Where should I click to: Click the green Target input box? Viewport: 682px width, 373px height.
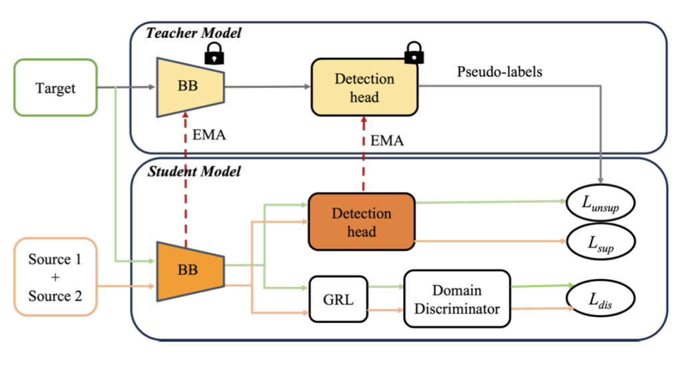point(56,88)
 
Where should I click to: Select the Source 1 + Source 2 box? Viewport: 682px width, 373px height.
point(55,276)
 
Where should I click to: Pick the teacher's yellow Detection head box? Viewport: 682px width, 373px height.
point(364,88)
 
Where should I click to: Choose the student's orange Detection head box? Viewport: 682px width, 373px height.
point(361,222)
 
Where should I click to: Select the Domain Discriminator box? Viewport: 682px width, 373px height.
point(457,299)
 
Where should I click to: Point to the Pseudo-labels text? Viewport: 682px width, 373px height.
point(500,72)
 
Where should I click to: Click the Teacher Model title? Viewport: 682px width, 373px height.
point(192,32)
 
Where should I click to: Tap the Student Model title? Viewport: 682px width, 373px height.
point(192,172)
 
